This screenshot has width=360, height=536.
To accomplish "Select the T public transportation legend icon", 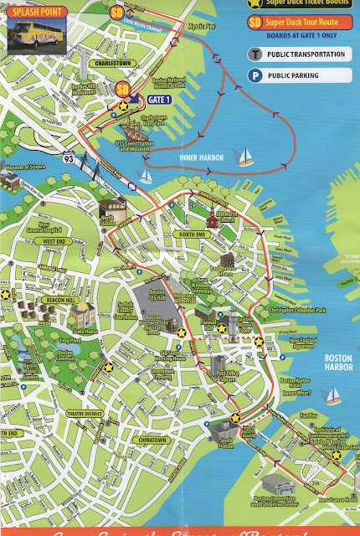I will pyautogui.click(x=253, y=54).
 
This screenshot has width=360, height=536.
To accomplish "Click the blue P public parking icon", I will pyautogui.click(x=253, y=75).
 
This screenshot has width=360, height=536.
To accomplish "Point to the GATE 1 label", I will pyautogui.click(x=161, y=99).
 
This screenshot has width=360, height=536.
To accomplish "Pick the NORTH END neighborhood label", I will pyautogui.click(x=195, y=234).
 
